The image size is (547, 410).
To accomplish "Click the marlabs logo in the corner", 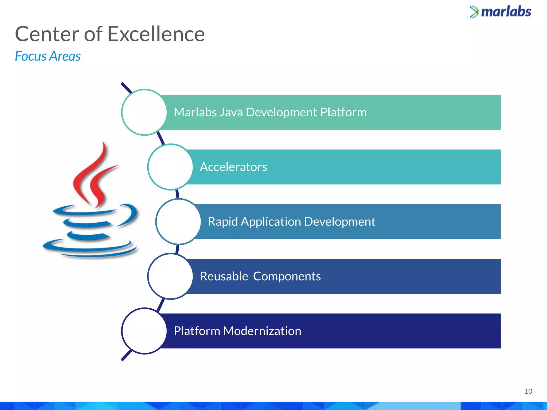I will pos(501,12).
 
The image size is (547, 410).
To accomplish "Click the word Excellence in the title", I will pos(156,34).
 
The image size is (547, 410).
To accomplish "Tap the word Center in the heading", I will pos(47,34).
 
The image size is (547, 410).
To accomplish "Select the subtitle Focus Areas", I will pos(48,56).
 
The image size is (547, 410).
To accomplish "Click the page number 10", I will pos(528,391).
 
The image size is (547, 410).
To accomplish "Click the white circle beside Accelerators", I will pos(170,167).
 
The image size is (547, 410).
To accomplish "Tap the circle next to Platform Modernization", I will pos(144,331).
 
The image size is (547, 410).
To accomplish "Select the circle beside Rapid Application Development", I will pos(178,222).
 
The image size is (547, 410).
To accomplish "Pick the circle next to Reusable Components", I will pos(170,276).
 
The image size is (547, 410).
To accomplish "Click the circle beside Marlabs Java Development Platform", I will pos(144,112).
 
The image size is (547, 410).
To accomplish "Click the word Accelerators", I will pos(233,167).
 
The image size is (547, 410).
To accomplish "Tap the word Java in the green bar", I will pos(231,112).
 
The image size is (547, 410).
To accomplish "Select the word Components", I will pos(287,277).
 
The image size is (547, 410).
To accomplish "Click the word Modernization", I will pos(262,331).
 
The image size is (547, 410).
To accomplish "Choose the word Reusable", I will pos(224,277).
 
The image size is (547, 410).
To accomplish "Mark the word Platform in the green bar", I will pos(343,112).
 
